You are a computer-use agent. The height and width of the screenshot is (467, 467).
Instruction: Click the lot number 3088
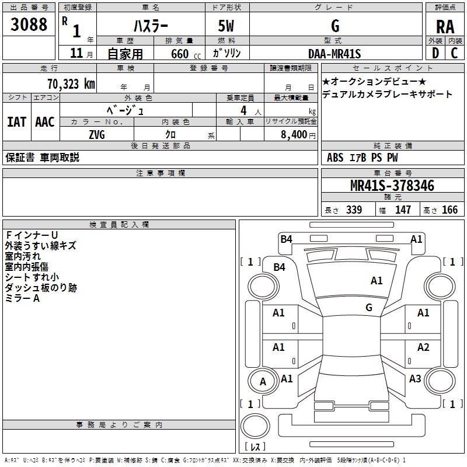(x=29, y=25)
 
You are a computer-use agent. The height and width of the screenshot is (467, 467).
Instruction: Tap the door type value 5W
(x=226, y=26)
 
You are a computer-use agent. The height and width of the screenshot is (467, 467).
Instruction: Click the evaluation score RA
(x=445, y=26)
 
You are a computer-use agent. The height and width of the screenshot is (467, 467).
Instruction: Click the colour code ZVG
(x=97, y=135)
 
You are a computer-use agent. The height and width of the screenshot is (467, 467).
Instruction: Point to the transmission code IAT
(x=16, y=122)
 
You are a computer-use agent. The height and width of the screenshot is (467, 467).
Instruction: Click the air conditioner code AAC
(x=45, y=122)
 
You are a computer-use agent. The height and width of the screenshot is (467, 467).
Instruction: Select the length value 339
(x=354, y=210)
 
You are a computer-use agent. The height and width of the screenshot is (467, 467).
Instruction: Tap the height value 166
(x=449, y=210)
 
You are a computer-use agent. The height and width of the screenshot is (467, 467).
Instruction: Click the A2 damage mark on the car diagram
(x=423, y=347)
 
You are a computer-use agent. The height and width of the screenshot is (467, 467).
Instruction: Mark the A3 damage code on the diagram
(x=415, y=379)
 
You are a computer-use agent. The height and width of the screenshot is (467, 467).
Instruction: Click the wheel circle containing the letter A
(x=263, y=382)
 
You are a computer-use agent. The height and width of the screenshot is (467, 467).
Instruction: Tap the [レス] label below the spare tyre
(x=257, y=447)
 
